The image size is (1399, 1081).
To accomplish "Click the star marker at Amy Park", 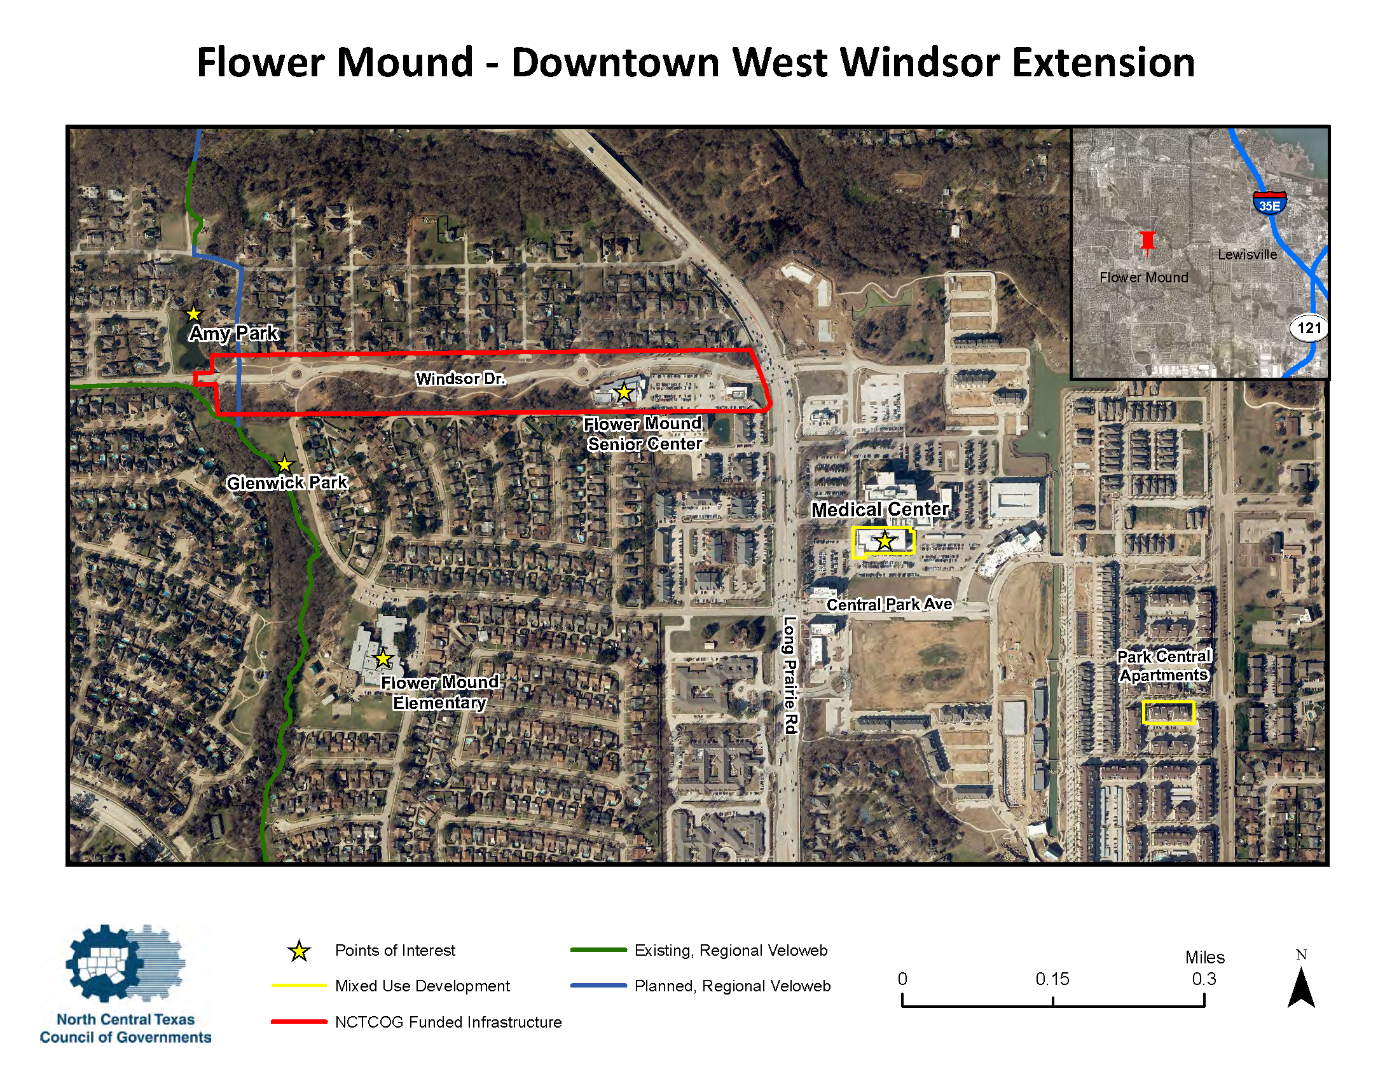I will point(193,313).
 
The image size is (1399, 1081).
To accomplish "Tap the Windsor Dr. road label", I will point(460,378).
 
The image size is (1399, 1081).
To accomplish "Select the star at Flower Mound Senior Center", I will point(623,392).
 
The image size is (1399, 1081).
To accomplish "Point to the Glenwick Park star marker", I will point(284,464).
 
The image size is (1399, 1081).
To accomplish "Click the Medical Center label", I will point(879,509).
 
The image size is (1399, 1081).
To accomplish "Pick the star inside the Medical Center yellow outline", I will point(885,541).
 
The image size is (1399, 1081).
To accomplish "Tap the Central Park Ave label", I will point(889,604).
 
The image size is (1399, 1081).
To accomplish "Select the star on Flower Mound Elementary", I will point(383,658).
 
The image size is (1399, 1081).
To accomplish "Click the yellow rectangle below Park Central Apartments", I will point(1168,712).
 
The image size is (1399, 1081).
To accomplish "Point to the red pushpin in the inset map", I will point(1147,242).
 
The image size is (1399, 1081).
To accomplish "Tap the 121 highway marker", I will point(1309,328).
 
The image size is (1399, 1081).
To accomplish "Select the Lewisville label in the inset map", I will point(1247,254).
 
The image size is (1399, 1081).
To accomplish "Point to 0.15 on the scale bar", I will point(1052,979).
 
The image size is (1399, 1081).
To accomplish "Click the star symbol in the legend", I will point(299,951).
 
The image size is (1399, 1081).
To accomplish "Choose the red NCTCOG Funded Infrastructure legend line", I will point(299,1021).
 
